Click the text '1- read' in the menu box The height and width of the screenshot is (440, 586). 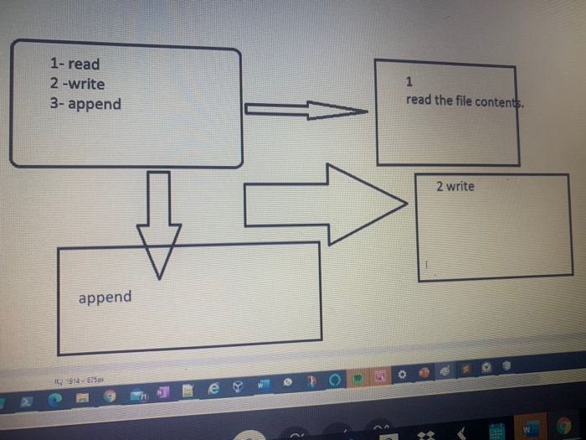[75, 64]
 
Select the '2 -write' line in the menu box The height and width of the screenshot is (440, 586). [77, 84]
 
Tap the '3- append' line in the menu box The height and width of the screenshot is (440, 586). [85, 105]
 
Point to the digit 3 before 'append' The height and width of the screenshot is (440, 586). [54, 105]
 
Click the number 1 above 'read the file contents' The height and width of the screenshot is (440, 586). [408, 82]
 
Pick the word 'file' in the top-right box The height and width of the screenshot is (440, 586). [465, 101]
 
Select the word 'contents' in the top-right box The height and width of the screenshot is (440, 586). [501, 101]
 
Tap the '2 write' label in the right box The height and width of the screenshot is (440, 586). [455, 186]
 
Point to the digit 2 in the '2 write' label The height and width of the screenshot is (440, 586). [439, 186]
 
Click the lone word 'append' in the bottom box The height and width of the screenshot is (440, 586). [105, 298]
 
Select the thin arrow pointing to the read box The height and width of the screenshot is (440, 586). [306, 110]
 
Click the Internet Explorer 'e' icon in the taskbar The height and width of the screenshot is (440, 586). [213, 389]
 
